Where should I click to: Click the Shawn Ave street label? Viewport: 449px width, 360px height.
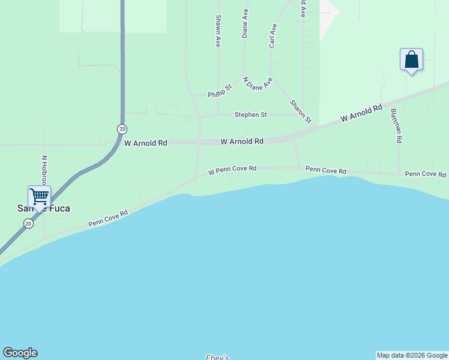(218, 31)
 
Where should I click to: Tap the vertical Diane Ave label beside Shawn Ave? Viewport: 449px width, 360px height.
(245, 24)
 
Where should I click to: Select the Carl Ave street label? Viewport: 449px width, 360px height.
(273, 36)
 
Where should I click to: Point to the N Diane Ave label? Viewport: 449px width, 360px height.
(258, 83)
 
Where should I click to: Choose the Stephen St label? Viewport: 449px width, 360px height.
(250, 115)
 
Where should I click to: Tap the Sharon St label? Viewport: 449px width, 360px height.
(300, 111)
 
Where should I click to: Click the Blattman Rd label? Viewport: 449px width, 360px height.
(395, 125)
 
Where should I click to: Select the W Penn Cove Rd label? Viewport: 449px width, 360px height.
(232, 172)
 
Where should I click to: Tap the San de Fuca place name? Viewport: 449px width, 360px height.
(43, 208)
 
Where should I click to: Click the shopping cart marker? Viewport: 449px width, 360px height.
(39, 196)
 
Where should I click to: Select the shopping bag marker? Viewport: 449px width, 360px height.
(411, 59)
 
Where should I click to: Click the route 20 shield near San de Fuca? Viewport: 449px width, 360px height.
(28, 223)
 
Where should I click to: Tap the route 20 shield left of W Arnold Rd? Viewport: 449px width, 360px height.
(122, 129)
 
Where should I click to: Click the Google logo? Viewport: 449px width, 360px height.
(20, 353)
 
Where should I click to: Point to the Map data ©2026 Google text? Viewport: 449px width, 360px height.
(412, 355)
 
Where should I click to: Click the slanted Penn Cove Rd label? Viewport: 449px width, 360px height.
(108, 218)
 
